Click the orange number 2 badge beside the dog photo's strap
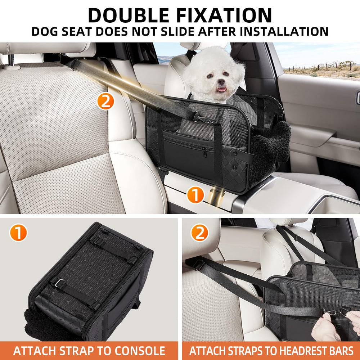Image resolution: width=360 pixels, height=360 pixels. [x=105, y=102]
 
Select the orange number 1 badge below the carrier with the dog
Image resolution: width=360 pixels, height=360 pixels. [x=195, y=196]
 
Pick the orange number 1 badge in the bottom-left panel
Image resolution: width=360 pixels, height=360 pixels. [x=18, y=233]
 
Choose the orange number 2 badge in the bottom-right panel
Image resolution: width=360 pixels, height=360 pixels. [x=199, y=233]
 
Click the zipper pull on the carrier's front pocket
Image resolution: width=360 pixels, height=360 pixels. [x=204, y=153]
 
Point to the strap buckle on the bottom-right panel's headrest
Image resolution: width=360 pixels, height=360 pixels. [x=197, y=265]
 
